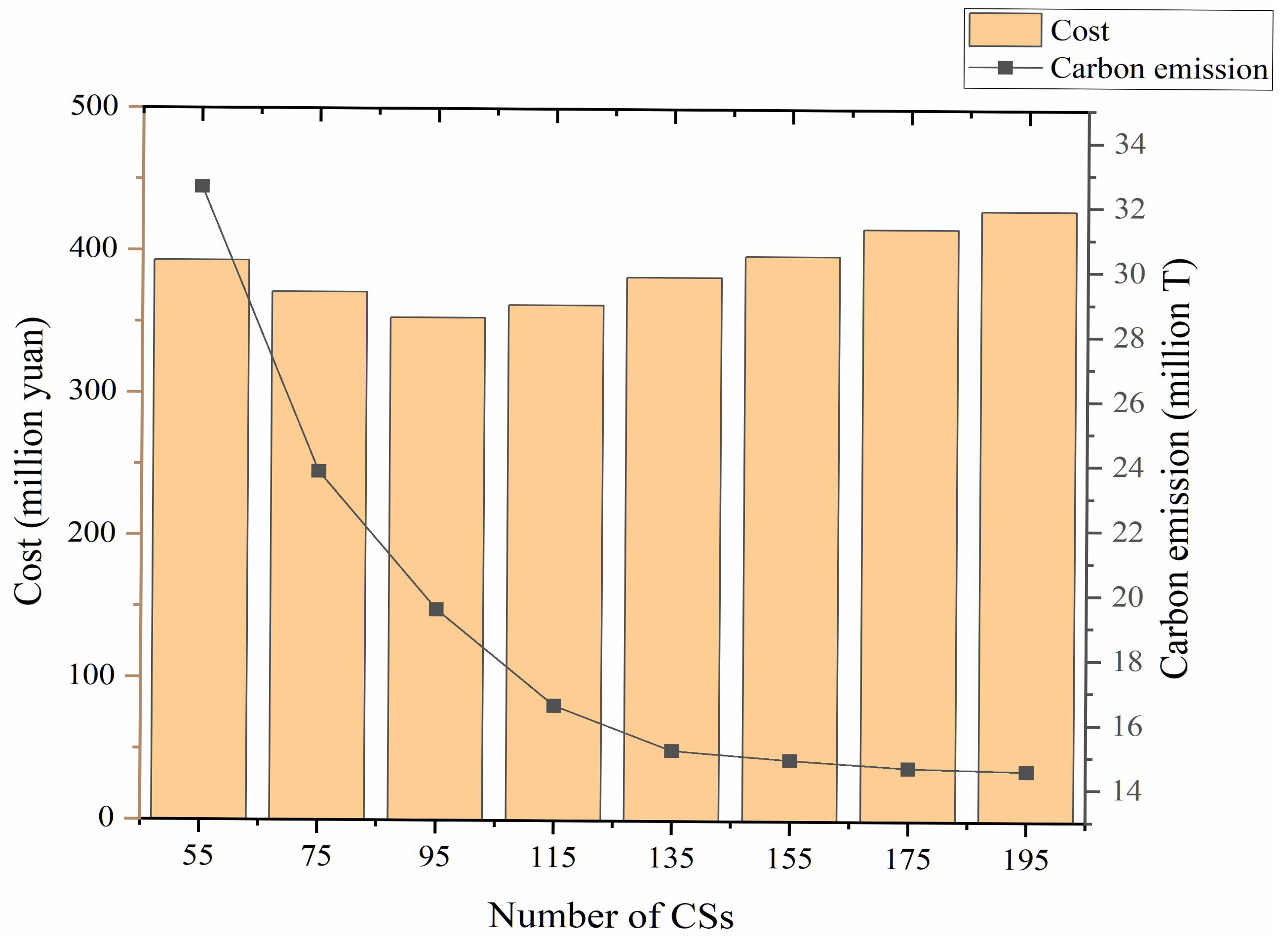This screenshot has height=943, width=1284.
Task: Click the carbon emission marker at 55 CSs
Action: [202, 186]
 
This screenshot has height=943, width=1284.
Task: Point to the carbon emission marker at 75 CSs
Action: [318, 471]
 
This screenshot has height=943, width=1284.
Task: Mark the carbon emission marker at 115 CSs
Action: [553, 706]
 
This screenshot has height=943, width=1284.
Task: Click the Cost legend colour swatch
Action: [1005, 30]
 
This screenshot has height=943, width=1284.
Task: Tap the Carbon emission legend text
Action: [1159, 69]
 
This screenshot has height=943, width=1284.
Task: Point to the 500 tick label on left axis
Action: [94, 106]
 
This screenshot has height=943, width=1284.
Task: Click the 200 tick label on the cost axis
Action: [92, 533]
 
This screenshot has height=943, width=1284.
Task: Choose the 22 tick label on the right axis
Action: [1128, 533]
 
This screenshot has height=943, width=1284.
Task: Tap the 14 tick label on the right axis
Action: [1127, 791]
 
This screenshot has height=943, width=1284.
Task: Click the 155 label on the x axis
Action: [789, 859]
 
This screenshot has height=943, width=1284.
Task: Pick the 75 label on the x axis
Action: [316, 856]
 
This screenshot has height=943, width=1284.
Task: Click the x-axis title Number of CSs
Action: [611, 916]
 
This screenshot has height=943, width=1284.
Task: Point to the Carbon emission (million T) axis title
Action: [1177, 468]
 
